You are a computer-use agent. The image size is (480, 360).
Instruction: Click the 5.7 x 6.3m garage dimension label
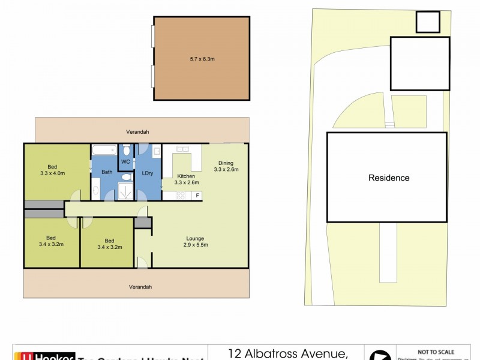(202, 59)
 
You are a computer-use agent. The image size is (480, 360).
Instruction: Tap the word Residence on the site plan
(389, 178)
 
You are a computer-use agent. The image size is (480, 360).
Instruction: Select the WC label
(125, 162)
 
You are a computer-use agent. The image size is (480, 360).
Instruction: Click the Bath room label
(106, 172)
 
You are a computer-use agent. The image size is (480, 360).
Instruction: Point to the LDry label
(147, 173)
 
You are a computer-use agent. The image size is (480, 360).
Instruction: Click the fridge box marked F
(197, 196)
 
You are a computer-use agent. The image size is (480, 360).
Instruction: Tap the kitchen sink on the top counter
(182, 149)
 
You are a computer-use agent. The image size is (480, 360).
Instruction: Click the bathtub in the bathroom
(103, 151)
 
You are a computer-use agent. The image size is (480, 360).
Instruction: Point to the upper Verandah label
(137, 131)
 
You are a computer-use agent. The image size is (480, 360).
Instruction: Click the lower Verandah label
(140, 287)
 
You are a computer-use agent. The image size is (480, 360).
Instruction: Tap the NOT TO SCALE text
(436, 352)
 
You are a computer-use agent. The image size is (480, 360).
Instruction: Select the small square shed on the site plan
(428, 22)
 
